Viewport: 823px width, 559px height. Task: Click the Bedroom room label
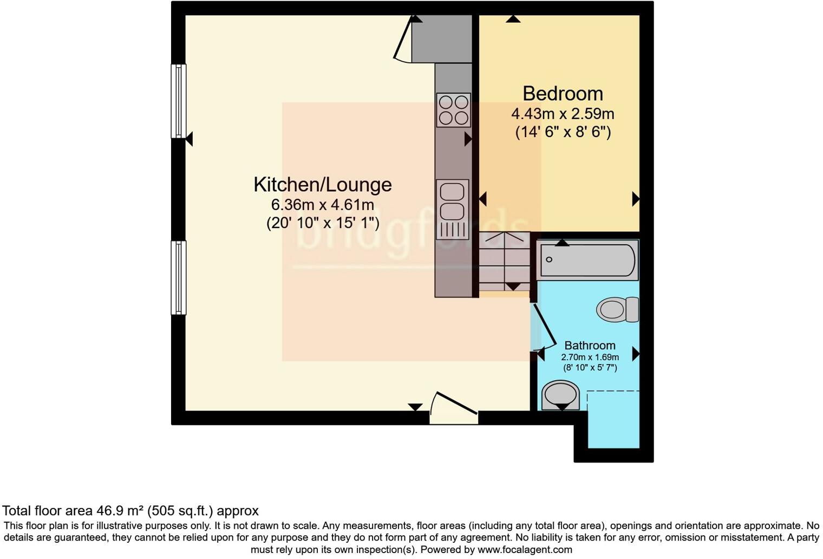tap(563, 94)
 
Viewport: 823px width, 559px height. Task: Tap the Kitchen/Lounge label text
tap(323, 185)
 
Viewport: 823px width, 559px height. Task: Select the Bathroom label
tap(590, 346)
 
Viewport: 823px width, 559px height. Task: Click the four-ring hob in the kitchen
tap(453, 110)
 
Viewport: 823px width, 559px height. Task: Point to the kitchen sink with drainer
tap(452, 209)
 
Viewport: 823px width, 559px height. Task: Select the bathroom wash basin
tap(560, 394)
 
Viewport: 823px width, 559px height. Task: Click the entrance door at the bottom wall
tap(454, 409)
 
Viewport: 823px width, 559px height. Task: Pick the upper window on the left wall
tap(179, 101)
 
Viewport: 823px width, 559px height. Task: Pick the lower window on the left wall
tap(179, 277)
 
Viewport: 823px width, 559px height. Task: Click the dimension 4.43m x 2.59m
tap(563, 114)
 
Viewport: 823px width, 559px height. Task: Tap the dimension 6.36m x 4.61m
tap(323, 205)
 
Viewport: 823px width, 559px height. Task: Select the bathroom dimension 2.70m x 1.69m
tap(590, 357)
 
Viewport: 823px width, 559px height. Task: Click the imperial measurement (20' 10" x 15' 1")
tap(323, 223)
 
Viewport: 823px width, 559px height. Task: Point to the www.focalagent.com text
tap(524, 550)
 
